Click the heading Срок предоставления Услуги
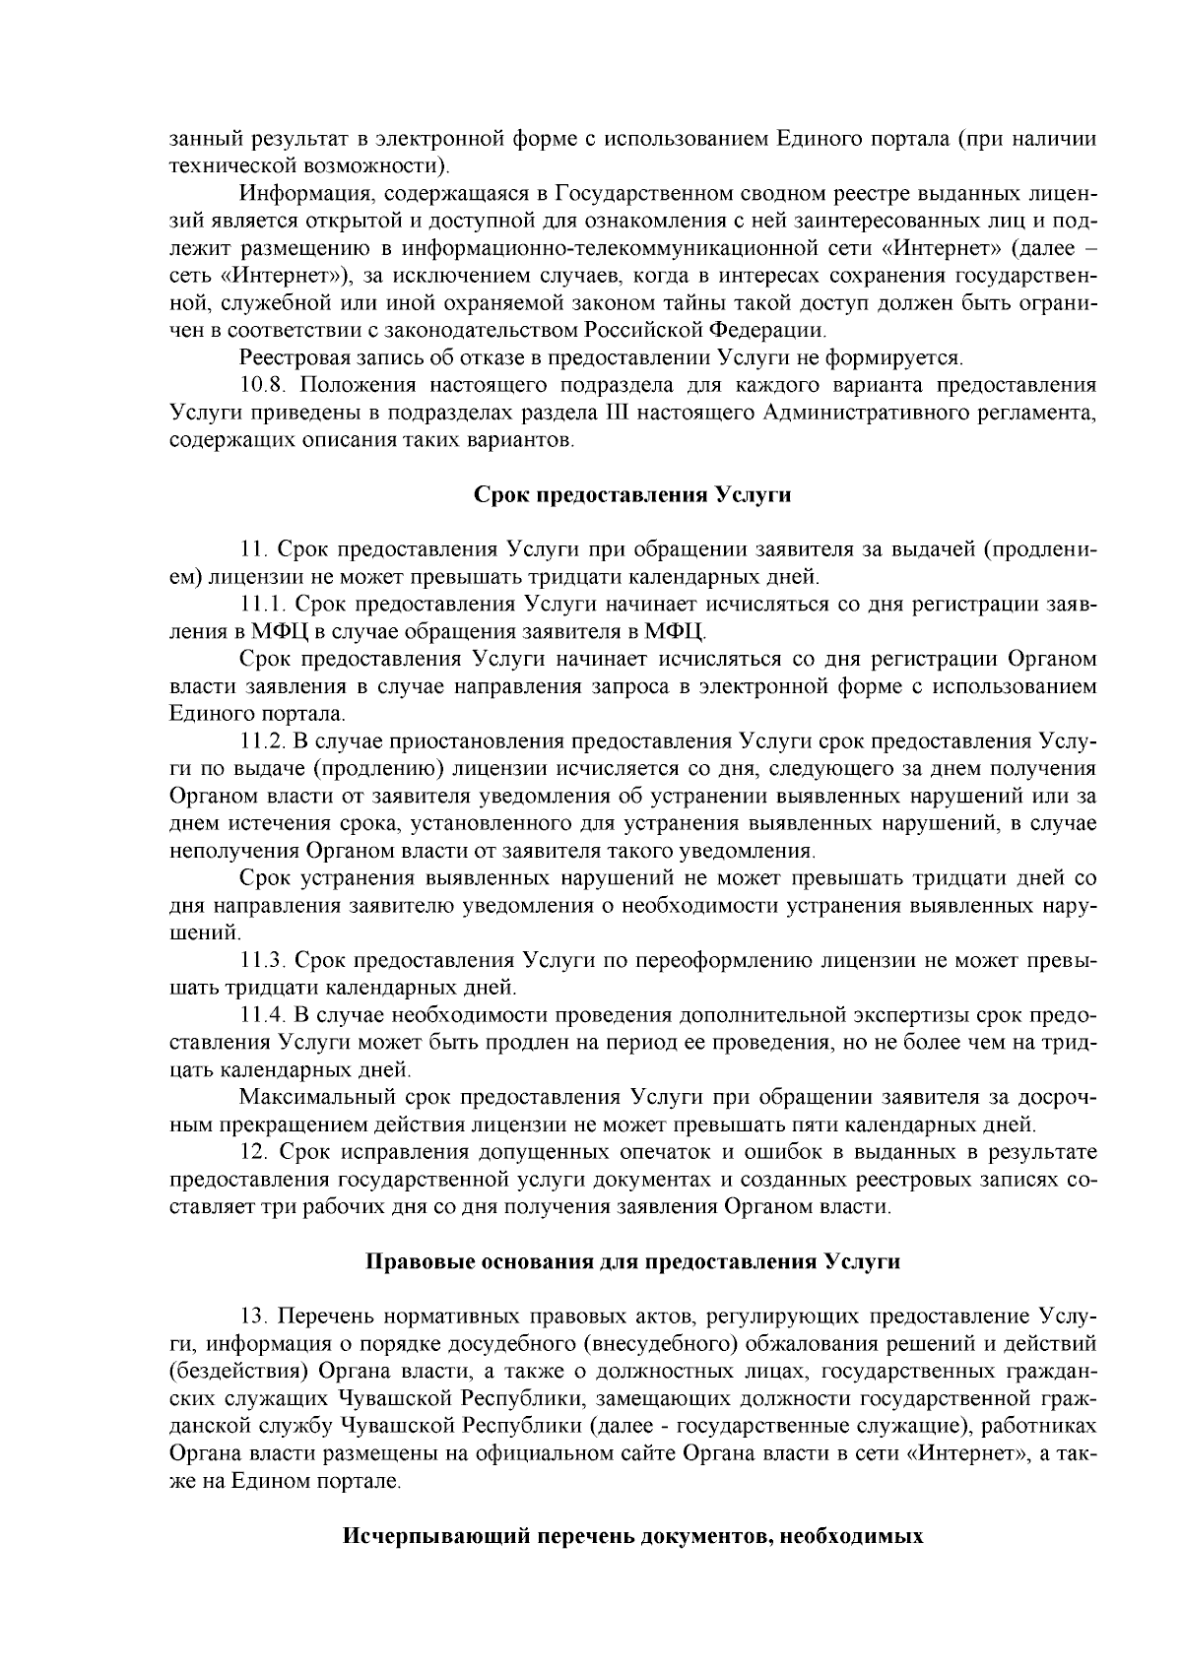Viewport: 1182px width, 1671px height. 632,494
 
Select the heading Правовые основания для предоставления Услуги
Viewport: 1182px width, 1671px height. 632,1261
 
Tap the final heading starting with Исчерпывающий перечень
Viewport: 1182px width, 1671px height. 632,1535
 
